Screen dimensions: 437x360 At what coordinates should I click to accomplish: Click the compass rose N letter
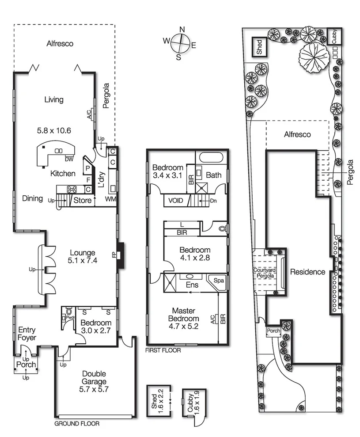pyautogui.click(x=182, y=29)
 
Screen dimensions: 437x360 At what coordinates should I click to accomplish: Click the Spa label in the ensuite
pyautogui.click(x=219, y=281)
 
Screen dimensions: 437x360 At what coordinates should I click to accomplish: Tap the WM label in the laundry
pyautogui.click(x=110, y=200)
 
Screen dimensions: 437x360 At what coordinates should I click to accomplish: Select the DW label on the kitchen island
pyautogui.click(x=69, y=159)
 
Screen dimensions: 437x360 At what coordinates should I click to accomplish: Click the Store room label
pyautogui.click(x=82, y=201)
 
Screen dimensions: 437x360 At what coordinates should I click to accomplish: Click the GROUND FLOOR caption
pyautogui.click(x=76, y=423)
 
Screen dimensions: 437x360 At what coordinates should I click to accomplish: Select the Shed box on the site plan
pyautogui.click(x=259, y=46)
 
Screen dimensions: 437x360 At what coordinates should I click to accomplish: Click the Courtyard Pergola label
pyautogui.click(x=264, y=273)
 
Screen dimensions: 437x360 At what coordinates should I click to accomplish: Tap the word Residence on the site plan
pyautogui.click(x=307, y=272)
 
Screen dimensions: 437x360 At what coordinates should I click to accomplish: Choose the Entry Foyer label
pyautogui.click(x=27, y=334)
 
